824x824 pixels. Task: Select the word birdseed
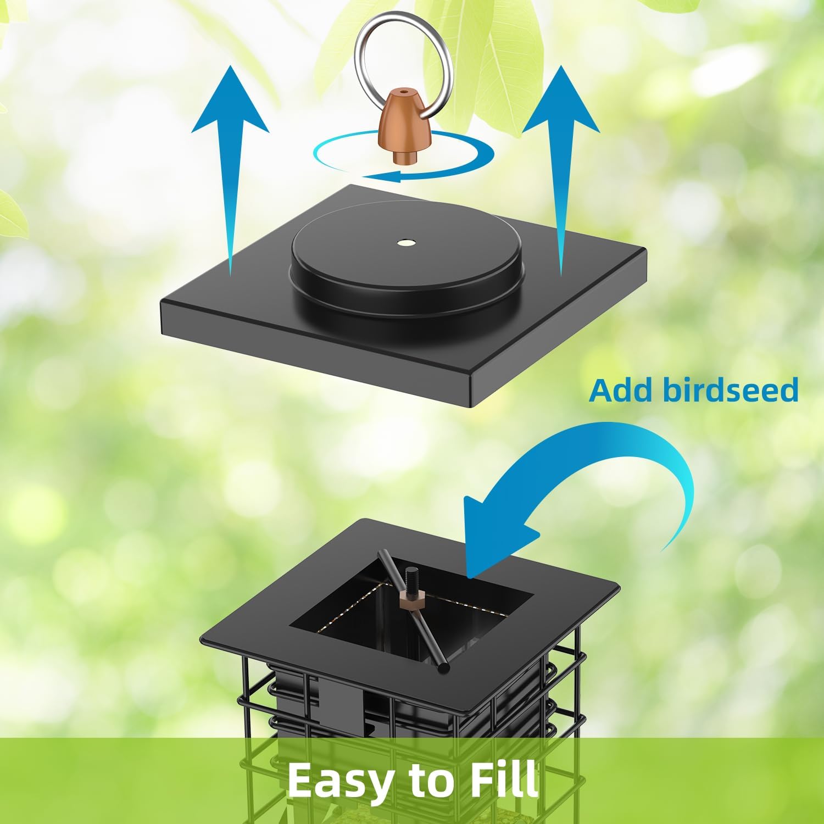pyautogui.click(x=731, y=390)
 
